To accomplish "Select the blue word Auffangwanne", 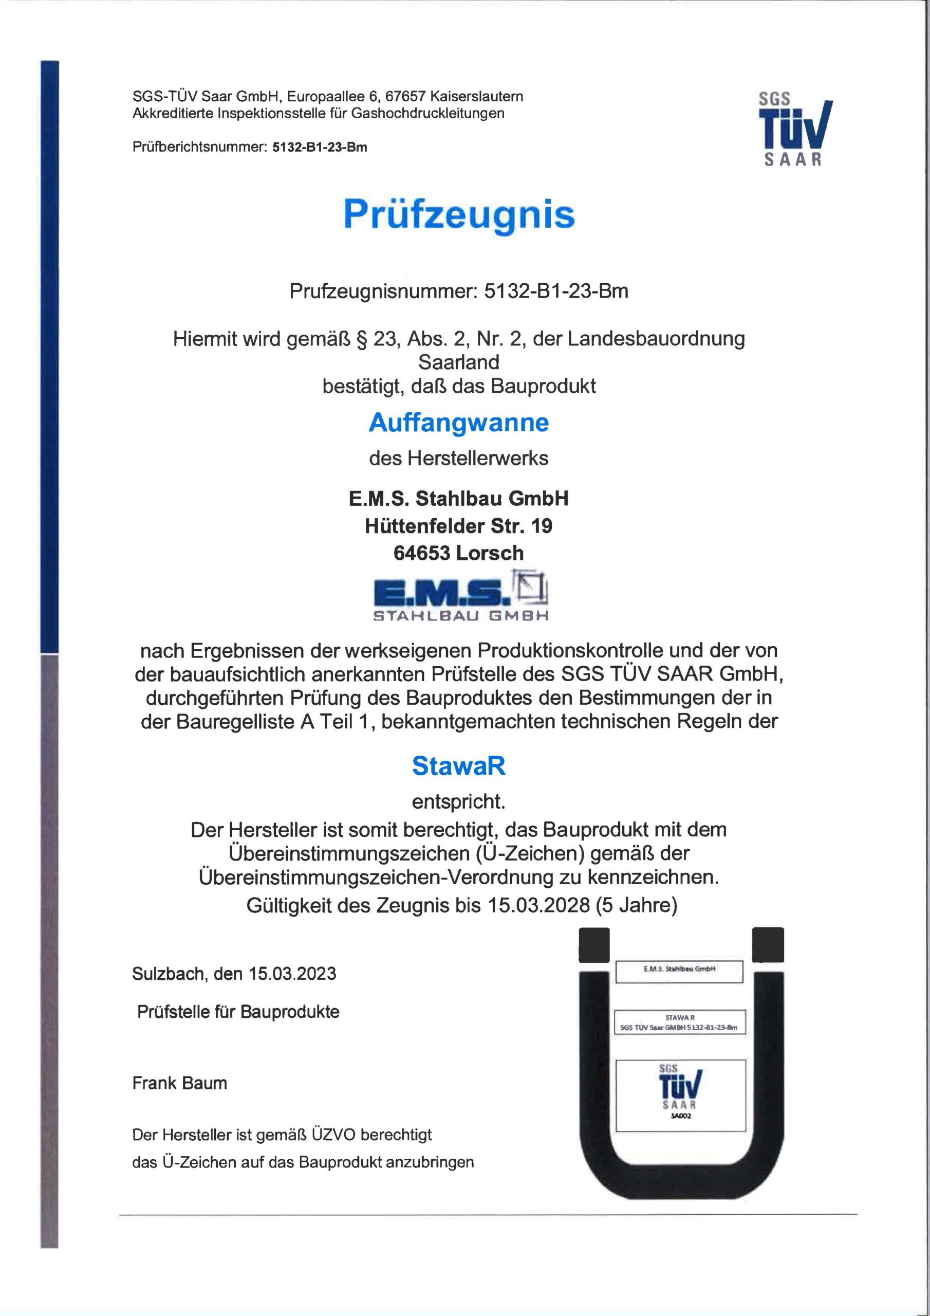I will (458, 423).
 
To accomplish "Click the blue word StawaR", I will (458, 766).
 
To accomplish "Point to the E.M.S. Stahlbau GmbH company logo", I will (461, 596).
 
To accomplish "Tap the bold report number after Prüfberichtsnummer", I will (319, 148).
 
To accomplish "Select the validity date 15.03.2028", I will (539, 905).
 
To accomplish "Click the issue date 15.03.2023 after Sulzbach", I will (292, 974).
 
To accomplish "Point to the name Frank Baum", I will (179, 1083).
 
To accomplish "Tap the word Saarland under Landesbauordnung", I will (458, 362).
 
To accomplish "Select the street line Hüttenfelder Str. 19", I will (458, 526).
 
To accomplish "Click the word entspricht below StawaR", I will (458, 801).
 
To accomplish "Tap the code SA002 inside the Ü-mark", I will (680, 1116).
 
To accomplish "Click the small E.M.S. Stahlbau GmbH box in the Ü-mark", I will (679, 969).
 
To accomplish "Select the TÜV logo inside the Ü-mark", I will (680, 1086).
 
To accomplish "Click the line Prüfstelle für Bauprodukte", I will (238, 1012).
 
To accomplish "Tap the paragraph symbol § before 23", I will (362, 339).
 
